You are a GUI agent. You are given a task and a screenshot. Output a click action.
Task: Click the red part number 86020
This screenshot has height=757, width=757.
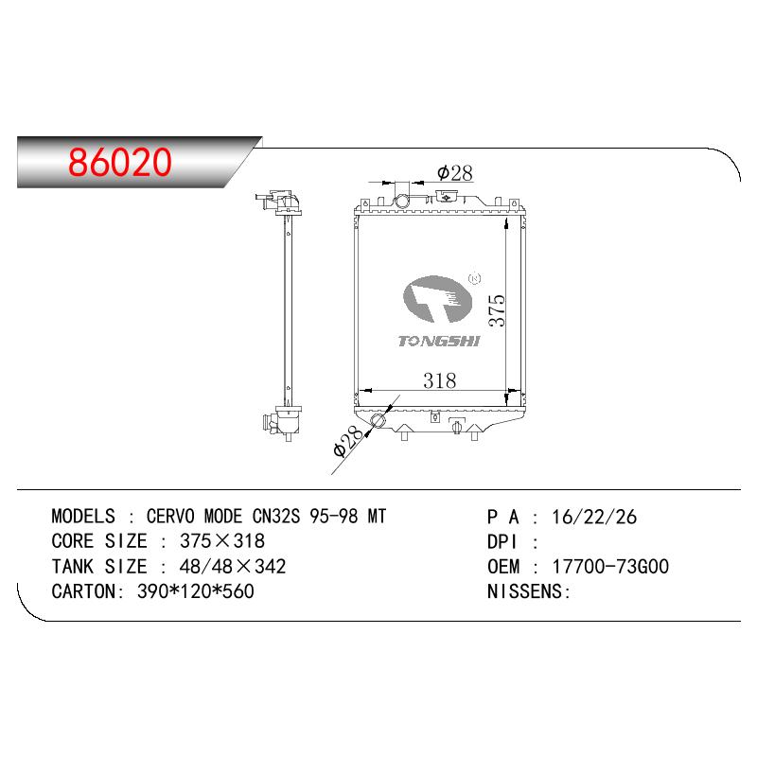pyautogui.click(x=120, y=161)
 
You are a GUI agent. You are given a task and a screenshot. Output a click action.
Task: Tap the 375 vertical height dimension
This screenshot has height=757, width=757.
pyautogui.click(x=497, y=310)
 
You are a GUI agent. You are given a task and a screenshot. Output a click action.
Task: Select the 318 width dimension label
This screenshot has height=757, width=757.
pyautogui.click(x=439, y=380)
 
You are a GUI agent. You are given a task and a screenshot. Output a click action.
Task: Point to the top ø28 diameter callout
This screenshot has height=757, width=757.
pyautogui.click(x=455, y=173)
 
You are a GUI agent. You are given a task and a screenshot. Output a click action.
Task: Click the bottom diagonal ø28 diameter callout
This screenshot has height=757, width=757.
pyautogui.click(x=347, y=441)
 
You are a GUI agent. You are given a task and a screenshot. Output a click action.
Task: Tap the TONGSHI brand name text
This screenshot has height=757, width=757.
pyautogui.click(x=439, y=342)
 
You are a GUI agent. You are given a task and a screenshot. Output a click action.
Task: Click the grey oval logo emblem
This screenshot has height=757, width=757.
pyautogui.click(x=437, y=299)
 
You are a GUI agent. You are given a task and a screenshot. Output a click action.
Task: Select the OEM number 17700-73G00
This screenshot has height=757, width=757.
pyautogui.click(x=610, y=566)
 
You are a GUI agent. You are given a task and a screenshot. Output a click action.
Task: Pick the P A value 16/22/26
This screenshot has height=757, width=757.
pyautogui.click(x=594, y=517)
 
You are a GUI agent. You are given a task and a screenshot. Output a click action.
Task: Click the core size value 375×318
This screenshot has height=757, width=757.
pyautogui.click(x=222, y=541)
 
